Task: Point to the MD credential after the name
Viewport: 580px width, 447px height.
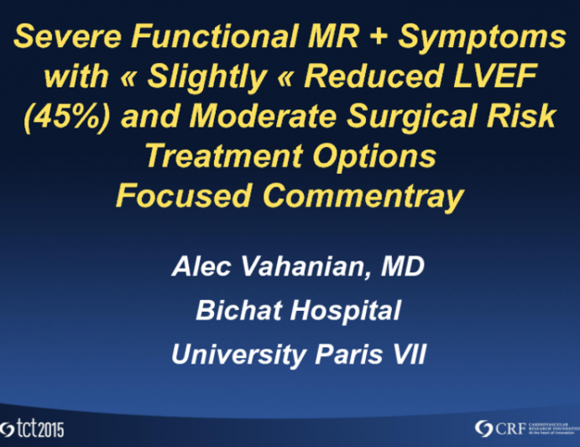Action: [x=405, y=267]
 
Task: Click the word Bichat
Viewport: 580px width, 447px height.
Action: [x=238, y=311]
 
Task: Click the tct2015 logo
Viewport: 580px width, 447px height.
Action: [x=33, y=427]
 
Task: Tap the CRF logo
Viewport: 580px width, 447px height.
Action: [x=521, y=426]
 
